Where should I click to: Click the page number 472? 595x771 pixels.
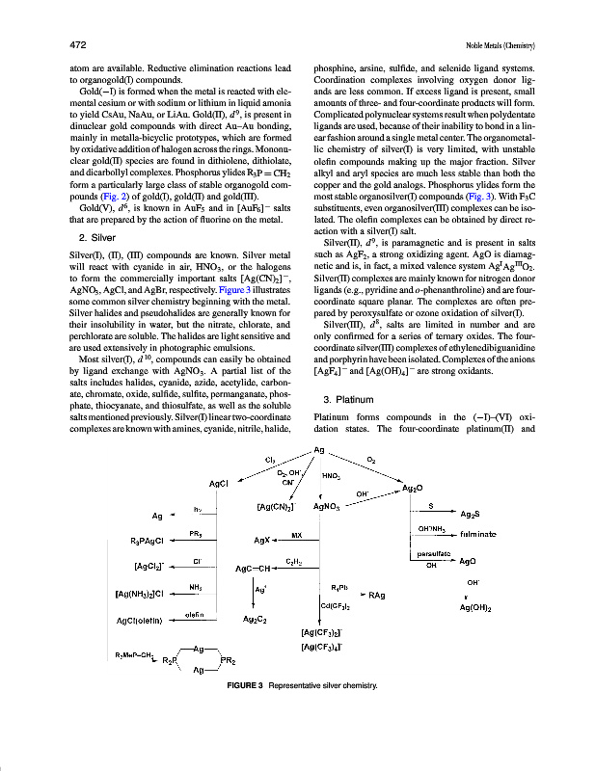pos(79,45)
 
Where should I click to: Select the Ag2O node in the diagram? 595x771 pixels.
pos(413,489)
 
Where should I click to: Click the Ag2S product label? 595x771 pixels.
pos(472,515)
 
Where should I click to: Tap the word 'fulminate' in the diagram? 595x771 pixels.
pos(478,532)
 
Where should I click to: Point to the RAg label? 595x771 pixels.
pos(377,596)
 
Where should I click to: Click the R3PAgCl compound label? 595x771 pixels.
pos(151,541)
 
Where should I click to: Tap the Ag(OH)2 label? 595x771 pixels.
pos(478,608)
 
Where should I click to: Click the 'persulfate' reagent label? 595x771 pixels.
pos(429,554)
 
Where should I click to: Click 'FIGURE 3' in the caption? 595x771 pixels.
pos(243,685)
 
